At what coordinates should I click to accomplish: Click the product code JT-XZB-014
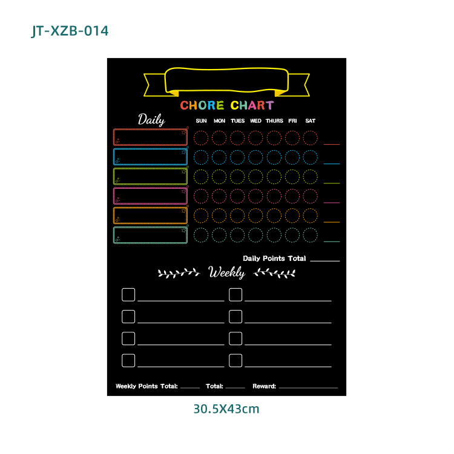[x=70, y=30]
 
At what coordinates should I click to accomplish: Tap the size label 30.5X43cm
[x=226, y=409]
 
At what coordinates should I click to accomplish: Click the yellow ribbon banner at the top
[x=226, y=81]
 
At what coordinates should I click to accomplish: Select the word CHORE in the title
[x=202, y=105]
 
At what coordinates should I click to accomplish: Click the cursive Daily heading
[x=151, y=119]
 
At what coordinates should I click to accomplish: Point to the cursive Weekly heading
[x=226, y=273]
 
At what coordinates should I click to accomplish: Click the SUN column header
[x=202, y=120]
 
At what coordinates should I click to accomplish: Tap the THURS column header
[x=274, y=120]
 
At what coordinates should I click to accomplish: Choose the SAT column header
[x=310, y=120]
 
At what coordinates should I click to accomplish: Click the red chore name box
[x=150, y=137]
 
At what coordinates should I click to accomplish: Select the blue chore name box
[x=150, y=157]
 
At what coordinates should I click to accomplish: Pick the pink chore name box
[x=150, y=196]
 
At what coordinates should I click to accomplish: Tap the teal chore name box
[x=150, y=235]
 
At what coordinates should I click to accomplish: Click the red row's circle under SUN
[x=202, y=137]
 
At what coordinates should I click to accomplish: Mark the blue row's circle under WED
[x=255, y=157]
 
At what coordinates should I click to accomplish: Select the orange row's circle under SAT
[x=310, y=215]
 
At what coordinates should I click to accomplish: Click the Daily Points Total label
[x=274, y=258]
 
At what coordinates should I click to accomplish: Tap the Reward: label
[x=265, y=386]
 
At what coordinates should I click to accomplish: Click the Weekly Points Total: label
[x=146, y=386]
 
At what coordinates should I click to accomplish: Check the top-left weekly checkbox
[x=128, y=295]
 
